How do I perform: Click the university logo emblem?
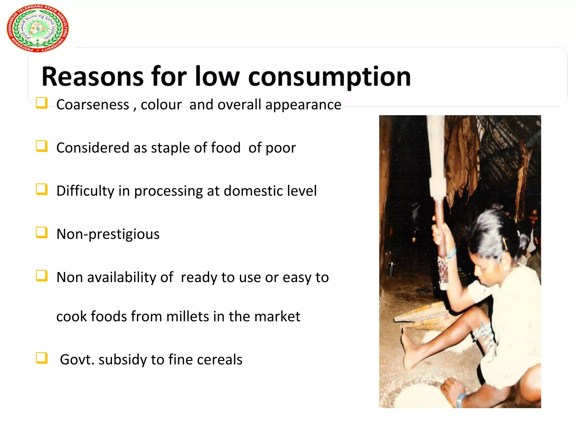pyautogui.click(x=37, y=28)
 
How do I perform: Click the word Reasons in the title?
pyautogui.click(x=93, y=76)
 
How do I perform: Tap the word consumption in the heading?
pyautogui.click(x=329, y=77)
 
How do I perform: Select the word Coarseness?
pyautogui.click(x=93, y=105)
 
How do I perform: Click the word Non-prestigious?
pyautogui.click(x=108, y=234)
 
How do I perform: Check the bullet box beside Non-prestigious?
pyautogui.click(x=41, y=233)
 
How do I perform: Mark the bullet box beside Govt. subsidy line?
pyautogui.click(x=41, y=358)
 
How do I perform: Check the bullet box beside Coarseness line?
pyautogui.click(x=41, y=103)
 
